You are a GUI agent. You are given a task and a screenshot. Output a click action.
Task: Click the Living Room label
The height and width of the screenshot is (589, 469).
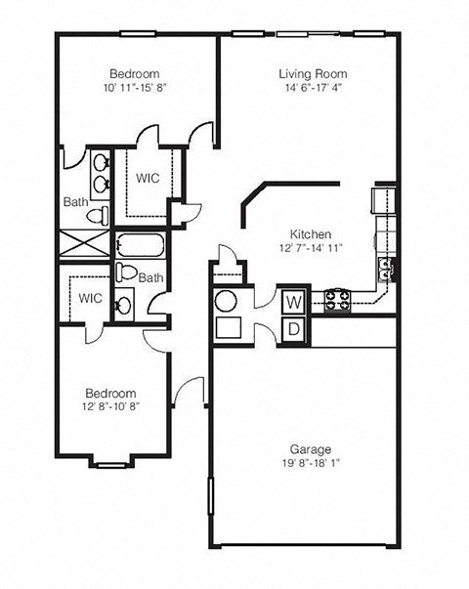312,73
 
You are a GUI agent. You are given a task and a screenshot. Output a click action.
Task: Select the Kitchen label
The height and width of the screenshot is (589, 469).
312,234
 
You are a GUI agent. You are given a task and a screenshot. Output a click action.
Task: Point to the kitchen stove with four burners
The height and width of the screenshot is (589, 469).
337,299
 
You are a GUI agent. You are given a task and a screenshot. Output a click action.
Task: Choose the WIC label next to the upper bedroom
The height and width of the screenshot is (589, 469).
148,179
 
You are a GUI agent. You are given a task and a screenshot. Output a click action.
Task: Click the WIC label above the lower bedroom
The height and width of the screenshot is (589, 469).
90,298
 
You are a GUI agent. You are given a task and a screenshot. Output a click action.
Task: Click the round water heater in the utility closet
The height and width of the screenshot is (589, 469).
226,301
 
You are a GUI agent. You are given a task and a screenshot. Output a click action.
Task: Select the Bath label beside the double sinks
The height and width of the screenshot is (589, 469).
76,202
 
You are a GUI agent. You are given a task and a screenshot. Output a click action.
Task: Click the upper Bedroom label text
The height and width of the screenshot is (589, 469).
135,74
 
